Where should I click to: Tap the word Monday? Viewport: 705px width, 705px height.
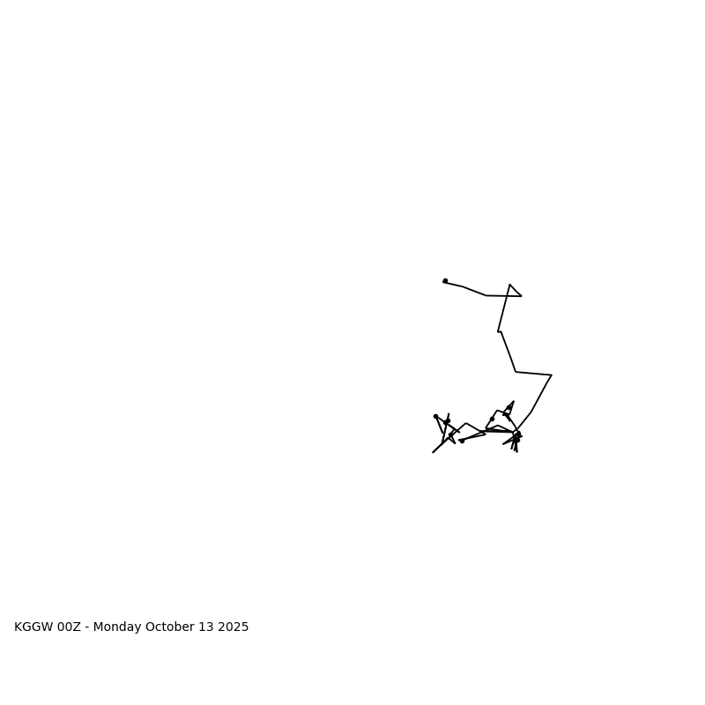[117, 627]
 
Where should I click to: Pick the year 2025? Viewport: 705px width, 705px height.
[234, 627]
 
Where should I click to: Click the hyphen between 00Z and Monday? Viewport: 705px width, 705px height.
[87, 627]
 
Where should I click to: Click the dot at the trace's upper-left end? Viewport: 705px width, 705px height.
[445, 281]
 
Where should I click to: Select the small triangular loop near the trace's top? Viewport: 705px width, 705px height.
[513, 292]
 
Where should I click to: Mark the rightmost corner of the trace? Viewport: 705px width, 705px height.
[552, 375]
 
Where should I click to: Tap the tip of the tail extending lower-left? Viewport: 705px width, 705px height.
[433, 452]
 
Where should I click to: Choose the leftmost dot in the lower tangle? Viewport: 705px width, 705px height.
[435, 416]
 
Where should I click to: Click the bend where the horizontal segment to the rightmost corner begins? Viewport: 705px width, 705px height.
[516, 372]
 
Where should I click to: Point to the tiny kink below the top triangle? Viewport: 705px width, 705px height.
[499, 331]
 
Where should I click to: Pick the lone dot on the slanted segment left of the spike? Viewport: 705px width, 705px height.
[492, 419]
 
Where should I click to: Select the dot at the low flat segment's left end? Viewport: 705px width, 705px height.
[462, 441]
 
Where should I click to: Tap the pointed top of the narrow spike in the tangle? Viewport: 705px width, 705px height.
[513, 402]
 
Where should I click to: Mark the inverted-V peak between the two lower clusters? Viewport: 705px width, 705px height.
[466, 423]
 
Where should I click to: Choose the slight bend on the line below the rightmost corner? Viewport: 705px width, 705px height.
[531, 412]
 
